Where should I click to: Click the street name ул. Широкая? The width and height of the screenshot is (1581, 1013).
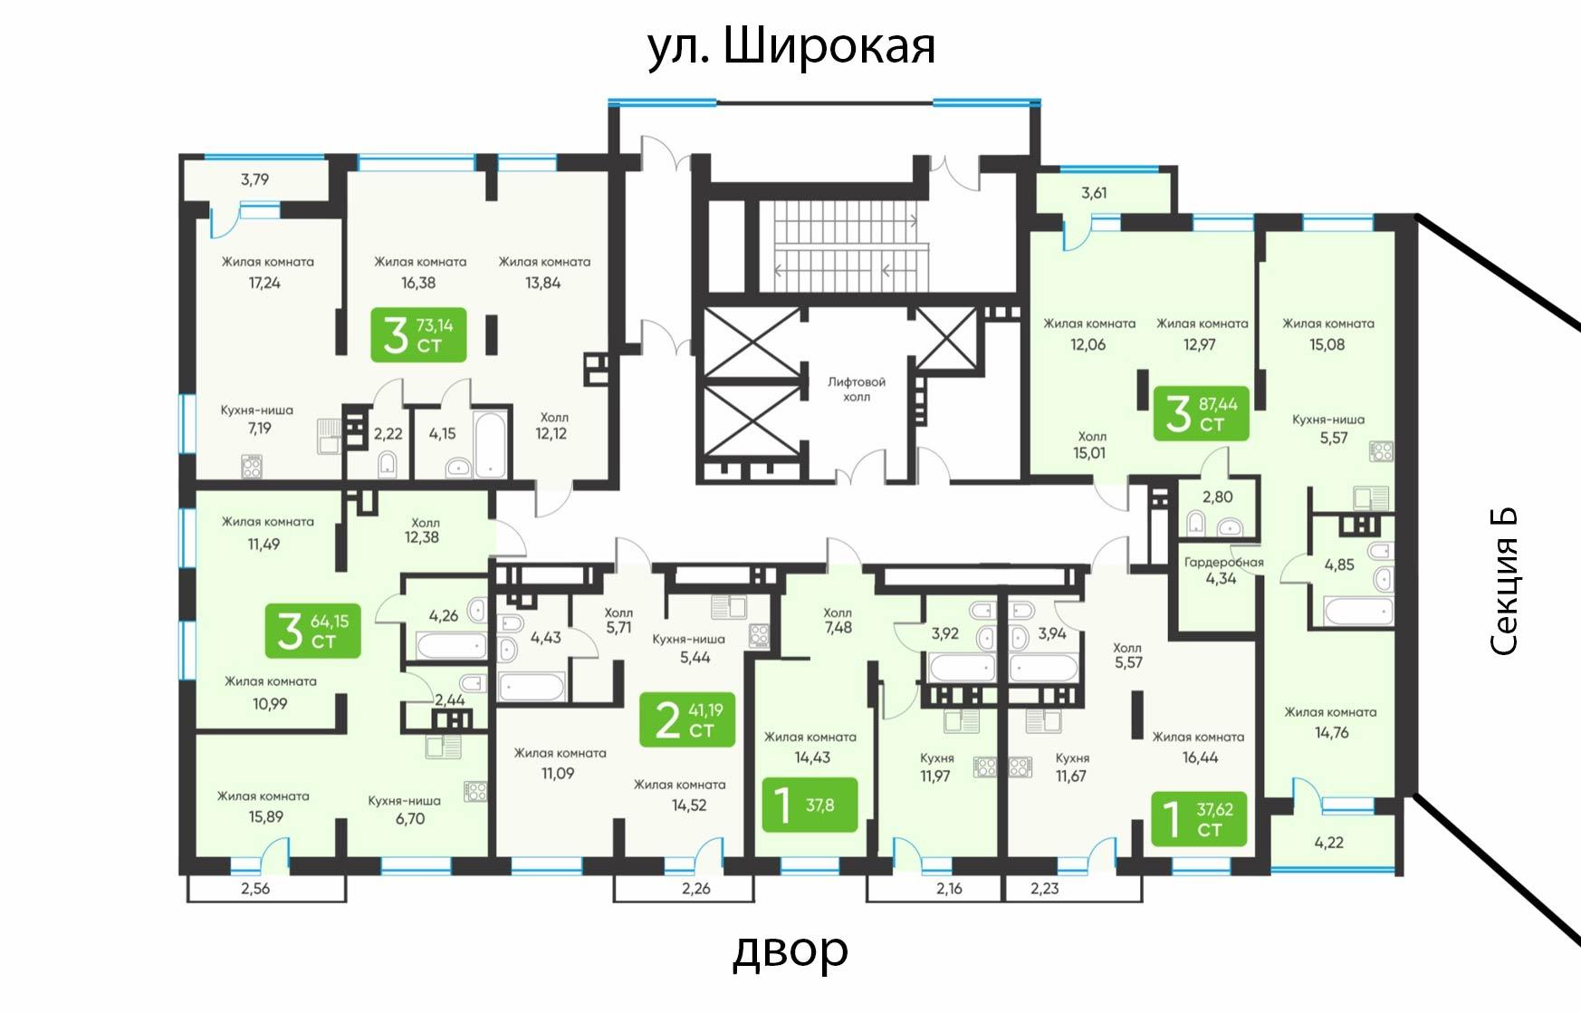[x=791, y=47]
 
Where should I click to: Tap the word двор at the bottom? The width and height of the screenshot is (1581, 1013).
[x=790, y=950]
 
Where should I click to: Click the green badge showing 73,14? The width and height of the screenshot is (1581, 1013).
[x=418, y=335]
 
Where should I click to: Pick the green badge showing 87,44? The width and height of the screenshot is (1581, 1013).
[x=1201, y=413]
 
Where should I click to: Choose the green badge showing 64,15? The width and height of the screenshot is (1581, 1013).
[x=312, y=631]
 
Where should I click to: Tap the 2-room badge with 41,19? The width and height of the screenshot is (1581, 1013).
[x=686, y=719]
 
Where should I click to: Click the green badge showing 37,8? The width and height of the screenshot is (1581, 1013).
[x=809, y=804]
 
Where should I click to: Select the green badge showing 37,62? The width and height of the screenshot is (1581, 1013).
[x=1199, y=818]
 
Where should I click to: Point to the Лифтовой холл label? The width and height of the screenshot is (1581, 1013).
[x=857, y=390]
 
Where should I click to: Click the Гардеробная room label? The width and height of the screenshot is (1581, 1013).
[x=1223, y=562]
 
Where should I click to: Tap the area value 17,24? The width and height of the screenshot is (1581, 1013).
[x=264, y=283]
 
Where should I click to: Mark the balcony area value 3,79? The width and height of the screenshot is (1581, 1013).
[x=254, y=179]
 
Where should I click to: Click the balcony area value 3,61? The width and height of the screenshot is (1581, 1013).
[x=1094, y=193]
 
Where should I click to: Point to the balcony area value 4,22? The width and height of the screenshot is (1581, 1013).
[x=1328, y=843]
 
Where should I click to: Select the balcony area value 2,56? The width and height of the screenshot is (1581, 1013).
[x=255, y=889]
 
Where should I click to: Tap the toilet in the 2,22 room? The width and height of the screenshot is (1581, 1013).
[x=388, y=464]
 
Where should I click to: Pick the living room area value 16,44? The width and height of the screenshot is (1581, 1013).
[x=1200, y=757]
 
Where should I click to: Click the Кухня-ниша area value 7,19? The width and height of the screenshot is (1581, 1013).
[x=259, y=429]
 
